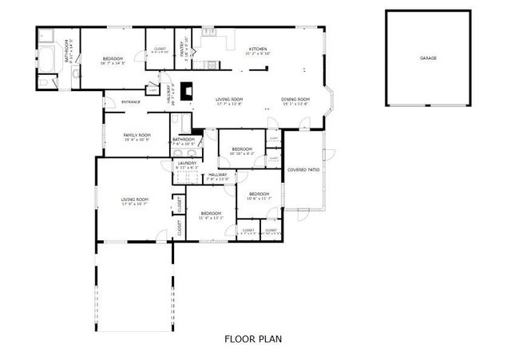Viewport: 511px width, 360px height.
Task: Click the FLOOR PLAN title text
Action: click(x=252, y=338)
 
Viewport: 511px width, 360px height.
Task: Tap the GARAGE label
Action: click(x=428, y=58)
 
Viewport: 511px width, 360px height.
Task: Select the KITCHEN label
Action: click(x=257, y=49)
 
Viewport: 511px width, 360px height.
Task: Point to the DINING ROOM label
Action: click(x=295, y=99)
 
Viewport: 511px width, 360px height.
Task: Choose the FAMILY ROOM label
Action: click(x=137, y=135)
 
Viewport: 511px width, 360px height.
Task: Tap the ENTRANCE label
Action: click(x=130, y=101)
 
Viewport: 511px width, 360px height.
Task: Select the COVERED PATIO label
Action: click(x=303, y=169)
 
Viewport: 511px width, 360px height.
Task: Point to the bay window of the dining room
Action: click(x=334, y=101)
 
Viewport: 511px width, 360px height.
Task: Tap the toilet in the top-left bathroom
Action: click(x=45, y=82)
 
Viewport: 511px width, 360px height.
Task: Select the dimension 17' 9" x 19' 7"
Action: click(x=135, y=204)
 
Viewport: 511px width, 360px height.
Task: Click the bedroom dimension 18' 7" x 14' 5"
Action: click(x=114, y=62)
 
